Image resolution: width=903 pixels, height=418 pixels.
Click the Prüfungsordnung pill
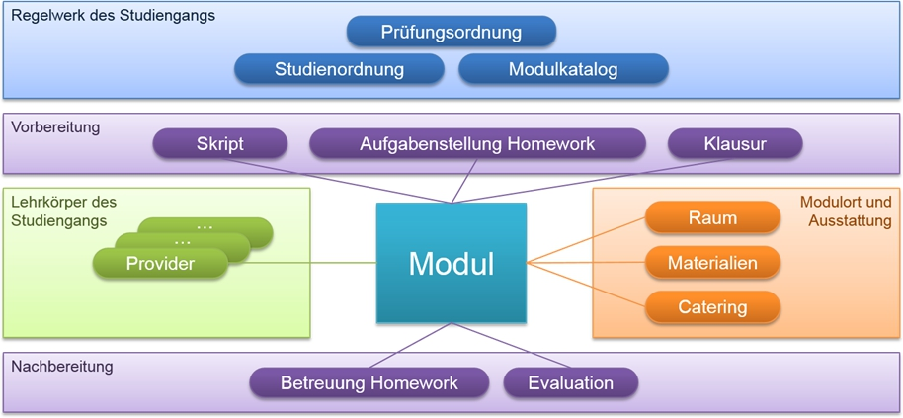point(451,32)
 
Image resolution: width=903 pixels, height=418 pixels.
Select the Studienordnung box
point(339,69)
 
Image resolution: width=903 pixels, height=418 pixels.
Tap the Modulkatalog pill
point(563,69)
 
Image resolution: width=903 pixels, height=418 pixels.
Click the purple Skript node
point(219,144)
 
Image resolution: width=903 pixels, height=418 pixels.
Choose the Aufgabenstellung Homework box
point(477,144)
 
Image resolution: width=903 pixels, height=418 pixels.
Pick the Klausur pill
point(735,144)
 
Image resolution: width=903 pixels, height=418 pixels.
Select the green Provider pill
point(160,264)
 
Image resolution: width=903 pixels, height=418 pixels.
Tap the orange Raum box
point(712,218)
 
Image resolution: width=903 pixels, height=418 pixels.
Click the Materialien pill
point(712,263)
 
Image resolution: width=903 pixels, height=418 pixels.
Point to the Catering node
point(712,307)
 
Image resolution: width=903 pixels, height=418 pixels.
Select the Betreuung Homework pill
point(369,383)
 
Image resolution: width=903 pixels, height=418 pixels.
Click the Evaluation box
point(570,383)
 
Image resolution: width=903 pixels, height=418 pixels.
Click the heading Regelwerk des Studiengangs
point(113,16)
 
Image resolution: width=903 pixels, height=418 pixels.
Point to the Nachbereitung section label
point(61,367)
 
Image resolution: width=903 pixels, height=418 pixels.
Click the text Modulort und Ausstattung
point(845,211)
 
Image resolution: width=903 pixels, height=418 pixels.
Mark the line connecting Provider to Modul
point(301,264)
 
